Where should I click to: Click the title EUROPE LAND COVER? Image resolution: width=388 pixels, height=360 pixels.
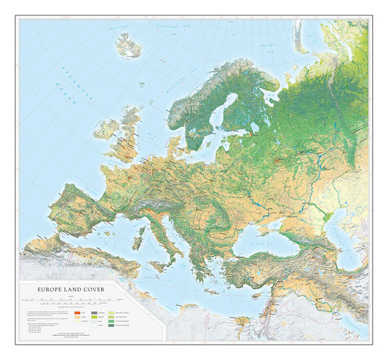pos(66,289)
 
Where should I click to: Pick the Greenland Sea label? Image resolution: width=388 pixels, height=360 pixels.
pos(175,30)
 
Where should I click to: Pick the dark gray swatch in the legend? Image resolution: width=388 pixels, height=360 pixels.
pos(95,312)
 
